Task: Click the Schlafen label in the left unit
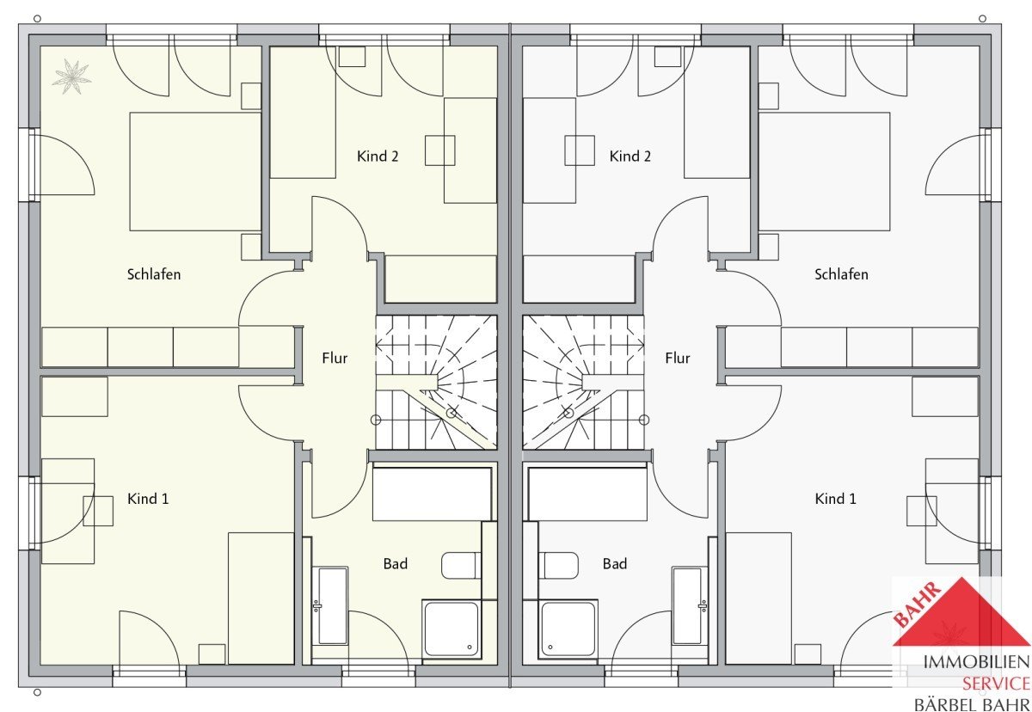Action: click(x=154, y=274)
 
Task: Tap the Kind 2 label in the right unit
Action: click(x=630, y=157)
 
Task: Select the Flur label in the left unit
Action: click(x=335, y=358)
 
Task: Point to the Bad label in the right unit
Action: click(x=615, y=564)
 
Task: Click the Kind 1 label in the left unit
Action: click(x=148, y=499)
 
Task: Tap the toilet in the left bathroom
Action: click(x=461, y=566)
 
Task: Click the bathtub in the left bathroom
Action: click(x=330, y=605)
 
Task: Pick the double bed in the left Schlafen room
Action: click(x=195, y=171)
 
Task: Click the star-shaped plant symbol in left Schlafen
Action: click(x=71, y=77)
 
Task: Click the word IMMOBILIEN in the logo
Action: click(x=976, y=663)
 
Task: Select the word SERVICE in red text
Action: click(x=996, y=684)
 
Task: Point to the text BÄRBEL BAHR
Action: click(x=972, y=704)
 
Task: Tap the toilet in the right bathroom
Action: click(x=558, y=566)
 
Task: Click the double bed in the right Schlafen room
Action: click(x=824, y=171)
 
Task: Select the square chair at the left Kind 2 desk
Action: click(x=440, y=150)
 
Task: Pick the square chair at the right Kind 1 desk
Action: click(x=921, y=511)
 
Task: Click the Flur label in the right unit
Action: click(x=678, y=358)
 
